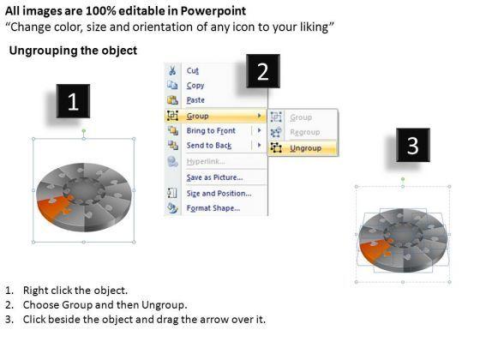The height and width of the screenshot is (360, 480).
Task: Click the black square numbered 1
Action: pyautogui.click(x=73, y=101)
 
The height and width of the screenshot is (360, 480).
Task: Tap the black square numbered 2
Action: pyautogui.click(x=263, y=71)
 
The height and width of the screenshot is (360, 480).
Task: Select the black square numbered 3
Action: pyautogui.click(x=413, y=145)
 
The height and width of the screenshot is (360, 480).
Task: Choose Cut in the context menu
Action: pyautogui.click(x=193, y=70)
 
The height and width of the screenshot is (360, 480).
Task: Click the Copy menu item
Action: pyautogui.click(x=195, y=86)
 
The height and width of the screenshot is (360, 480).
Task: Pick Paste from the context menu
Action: pyautogui.click(x=195, y=100)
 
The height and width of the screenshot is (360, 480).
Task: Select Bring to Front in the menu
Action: pyautogui.click(x=211, y=130)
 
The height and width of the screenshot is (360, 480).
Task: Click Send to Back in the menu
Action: pyautogui.click(x=209, y=146)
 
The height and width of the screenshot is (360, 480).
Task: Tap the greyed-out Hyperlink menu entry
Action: pyautogui.click(x=206, y=161)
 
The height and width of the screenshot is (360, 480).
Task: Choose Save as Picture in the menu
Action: pyautogui.click(x=214, y=177)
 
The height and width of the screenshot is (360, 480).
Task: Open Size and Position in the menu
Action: pyautogui.click(x=219, y=194)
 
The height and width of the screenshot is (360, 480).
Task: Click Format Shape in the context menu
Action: pyautogui.click(x=213, y=208)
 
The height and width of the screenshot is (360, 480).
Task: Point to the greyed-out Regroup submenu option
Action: pyautogui.click(x=305, y=132)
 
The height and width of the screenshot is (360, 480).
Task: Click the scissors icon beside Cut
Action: pyautogui.click(x=172, y=70)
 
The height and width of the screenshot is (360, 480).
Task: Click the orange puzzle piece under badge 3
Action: pyautogui.click(x=375, y=249)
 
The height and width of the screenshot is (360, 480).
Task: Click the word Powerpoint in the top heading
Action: pyautogui.click(x=213, y=11)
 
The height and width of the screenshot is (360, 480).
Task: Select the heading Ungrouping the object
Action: pyautogui.click(x=73, y=51)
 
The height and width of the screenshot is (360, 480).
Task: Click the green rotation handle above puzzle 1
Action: pyautogui.click(x=84, y=131)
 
